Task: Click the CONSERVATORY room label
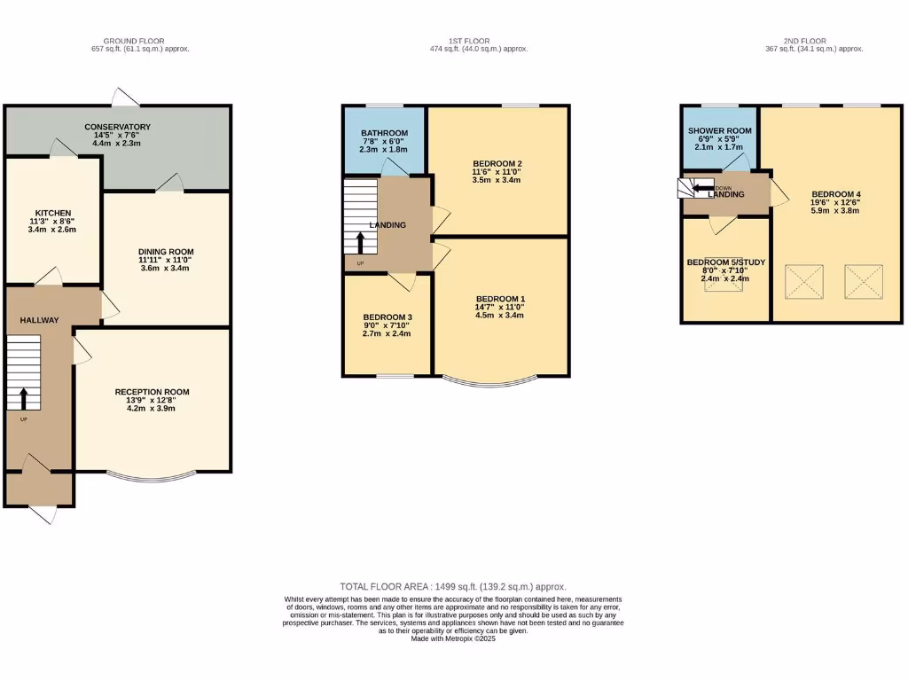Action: tap(117, 127)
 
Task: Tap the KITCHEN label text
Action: tap(52, 213)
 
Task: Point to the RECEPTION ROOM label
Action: tap(152, 392)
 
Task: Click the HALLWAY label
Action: tap(40, 320)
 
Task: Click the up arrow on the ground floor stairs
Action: tap(24, 399)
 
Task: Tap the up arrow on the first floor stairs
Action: tap(360, 243)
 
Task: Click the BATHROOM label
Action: tap(384, 133)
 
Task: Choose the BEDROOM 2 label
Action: tap(497, 164)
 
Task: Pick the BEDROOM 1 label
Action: tap(500, 299)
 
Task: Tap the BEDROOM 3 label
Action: tap(387, 317)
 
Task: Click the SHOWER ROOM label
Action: tap(719, 131)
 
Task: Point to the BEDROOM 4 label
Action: tap(836, 194)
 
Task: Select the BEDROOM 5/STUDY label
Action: tap(725, 262)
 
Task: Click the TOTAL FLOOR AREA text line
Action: tap(453, 587)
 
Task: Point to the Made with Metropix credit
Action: tap(453, 638)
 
